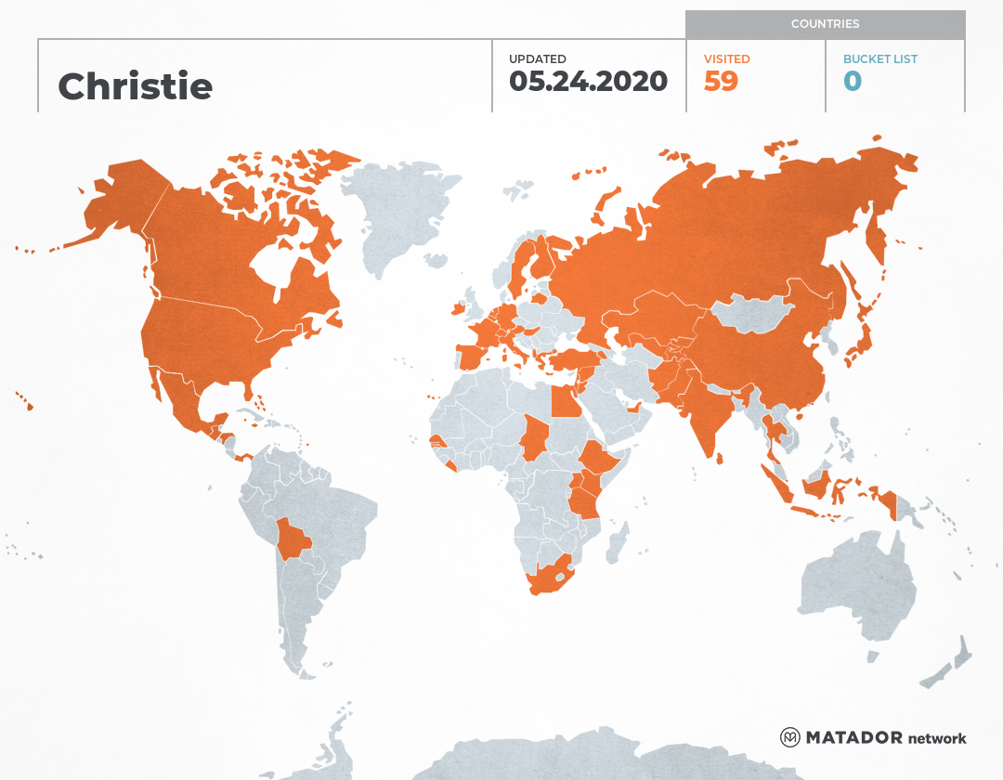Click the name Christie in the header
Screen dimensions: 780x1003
pyautogui.click(x=136, y=86)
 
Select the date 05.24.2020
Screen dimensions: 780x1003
pyautogui.click(x=588, y=82)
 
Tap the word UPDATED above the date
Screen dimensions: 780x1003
pyautogui.click(x=537, y=58)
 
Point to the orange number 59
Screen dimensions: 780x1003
pyautogui.click(x=721, y=82)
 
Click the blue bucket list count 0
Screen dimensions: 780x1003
pyautogui.click(x=853, y=82)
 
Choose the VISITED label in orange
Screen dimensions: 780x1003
pyautogui.click(x=726, y=58)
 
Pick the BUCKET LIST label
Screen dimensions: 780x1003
pyautogui.click(x=879, y=58)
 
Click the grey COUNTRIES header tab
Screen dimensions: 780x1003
pyautogui.click(x=825, y=24)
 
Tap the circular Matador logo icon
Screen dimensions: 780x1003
pyautogui.click(x=789, y=737)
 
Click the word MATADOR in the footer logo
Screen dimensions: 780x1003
pyautogui.click(x=853, y=738)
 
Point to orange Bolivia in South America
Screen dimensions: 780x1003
pyautogui.click(x=295, y=539)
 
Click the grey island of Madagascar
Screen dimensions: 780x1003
pyautogui.click(x=615, y=544)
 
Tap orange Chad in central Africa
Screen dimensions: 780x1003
pyautogui.click(x=534, y=436)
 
